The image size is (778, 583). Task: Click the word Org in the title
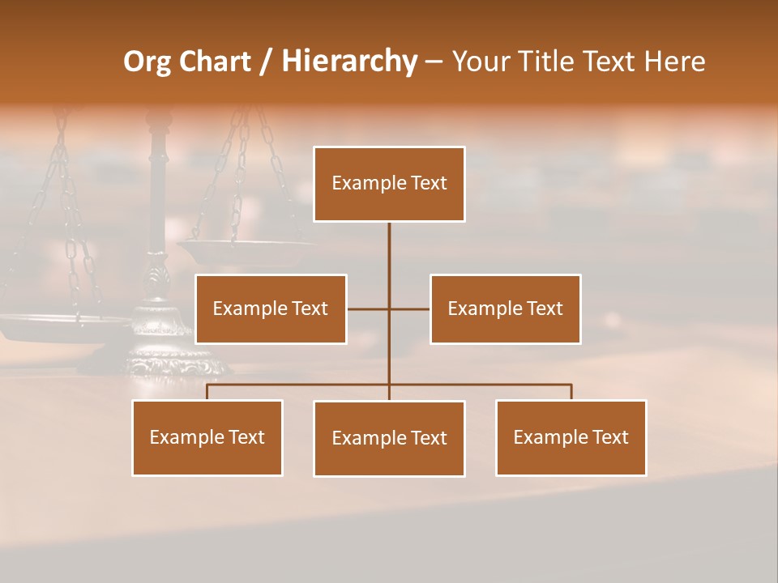pyautogui.click(x=147, y=62)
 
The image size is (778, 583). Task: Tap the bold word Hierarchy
pyautogui.click(x=349, y=62)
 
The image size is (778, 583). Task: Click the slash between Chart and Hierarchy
pyautogui.click(x=267, y=62)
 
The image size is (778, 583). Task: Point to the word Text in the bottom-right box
pyautogui.click(x=610, y=437)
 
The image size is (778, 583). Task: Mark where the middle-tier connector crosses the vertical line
pyautogui.click(x=389, y=309)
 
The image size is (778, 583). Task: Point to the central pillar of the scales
pyautogui.click(x=157, y=186)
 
